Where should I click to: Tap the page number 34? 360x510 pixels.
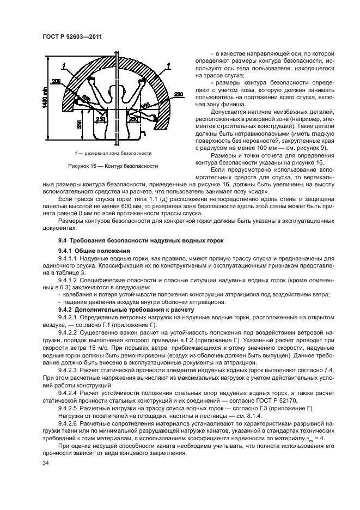point(46,463)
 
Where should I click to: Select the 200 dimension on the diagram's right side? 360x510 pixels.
point(178,94)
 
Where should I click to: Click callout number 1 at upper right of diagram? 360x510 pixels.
point(169,65)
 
